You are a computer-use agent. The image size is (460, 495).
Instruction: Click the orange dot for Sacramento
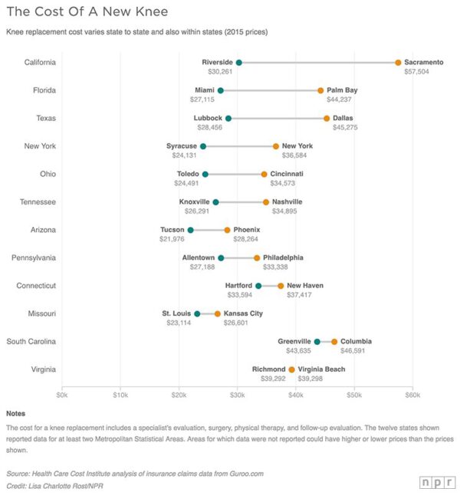[x=398, y=62]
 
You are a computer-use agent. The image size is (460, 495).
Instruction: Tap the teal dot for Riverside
[x=239, y=62]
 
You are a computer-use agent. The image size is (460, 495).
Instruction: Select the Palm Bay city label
[x=342, y=90]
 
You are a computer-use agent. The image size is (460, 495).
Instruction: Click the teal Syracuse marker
[x=203, y=146]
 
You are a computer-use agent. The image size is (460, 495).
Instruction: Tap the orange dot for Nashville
[x=266, y=202]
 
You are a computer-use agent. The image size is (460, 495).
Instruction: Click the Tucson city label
[x=172, y=229]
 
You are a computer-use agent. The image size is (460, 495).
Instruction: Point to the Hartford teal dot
[x=258, y=286]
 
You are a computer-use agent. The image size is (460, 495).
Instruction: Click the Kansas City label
[x=243, y=313]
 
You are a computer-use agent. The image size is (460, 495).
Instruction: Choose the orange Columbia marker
[x=334, y=342]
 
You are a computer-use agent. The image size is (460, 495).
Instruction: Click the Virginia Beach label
[x=321, y=369]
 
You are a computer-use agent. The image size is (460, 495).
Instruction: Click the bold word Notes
[x=15, y=414]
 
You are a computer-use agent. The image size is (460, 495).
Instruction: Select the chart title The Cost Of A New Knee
[x=87, y=12]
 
